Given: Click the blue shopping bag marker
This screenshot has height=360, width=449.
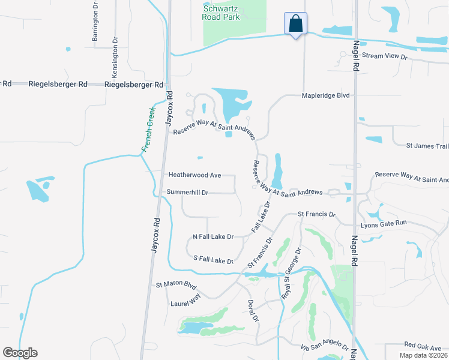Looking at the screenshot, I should (x=295, y=25).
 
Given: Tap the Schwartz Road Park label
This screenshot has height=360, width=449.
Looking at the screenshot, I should (x=221, y=12).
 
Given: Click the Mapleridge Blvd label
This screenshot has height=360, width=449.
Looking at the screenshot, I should (x=326, y=95).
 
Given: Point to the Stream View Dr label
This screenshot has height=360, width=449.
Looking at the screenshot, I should (x=385, y=56).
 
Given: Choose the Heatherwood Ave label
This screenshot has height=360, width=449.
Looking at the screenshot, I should (x=195, y=175).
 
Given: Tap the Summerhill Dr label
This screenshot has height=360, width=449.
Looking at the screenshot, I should (x=187, y=193).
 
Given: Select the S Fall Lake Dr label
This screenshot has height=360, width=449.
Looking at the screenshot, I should (x=212, y=260).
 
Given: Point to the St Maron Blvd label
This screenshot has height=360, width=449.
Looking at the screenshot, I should (x=176, y=284).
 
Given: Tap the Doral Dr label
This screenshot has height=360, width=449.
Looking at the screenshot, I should (x=252, y=309).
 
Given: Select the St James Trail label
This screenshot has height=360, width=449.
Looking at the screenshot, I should (x=427, y=146).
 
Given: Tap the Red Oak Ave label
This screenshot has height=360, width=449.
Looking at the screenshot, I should (x=423, y=345).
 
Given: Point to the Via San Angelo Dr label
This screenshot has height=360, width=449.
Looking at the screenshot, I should (x=325, y=347).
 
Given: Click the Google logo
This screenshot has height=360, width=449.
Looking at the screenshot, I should (x=20, y=353).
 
